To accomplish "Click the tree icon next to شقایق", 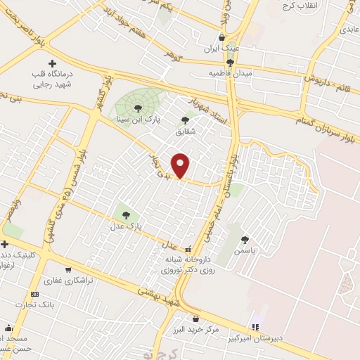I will tap(186, 120).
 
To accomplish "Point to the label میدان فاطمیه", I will tap(230, 73).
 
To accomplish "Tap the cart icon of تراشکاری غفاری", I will tap(67, 269).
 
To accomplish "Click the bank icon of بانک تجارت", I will tap(34, 294).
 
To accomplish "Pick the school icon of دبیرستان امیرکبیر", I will tap(257, 326).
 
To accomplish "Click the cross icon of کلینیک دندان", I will tap(5, 243).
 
